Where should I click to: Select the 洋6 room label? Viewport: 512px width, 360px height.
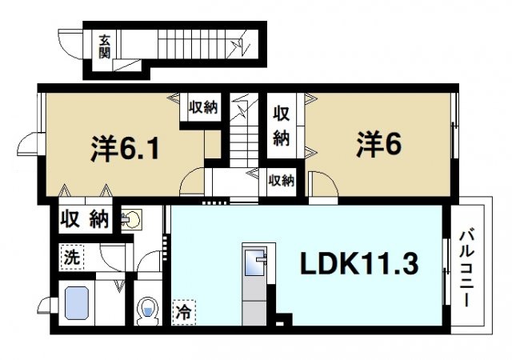pyautogui.click(x=378, y=145)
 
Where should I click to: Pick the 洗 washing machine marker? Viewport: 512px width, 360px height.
pyautogui.click(x=72, y=258)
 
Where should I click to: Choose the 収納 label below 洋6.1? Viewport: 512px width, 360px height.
pyautogui.click(x=84, y=218)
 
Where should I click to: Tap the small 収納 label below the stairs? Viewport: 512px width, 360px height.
pyautogui.click(x=281, y=181)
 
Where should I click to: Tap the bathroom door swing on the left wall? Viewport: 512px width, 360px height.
pyautogui.click(x=47, y=306)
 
